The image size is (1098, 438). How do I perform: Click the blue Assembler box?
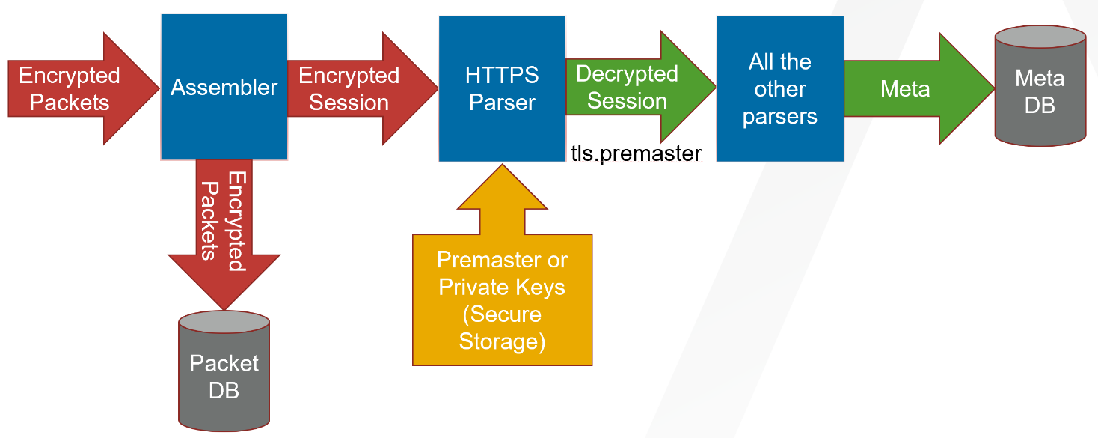coord(224,87)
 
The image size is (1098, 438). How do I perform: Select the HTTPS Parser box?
coord(501,88)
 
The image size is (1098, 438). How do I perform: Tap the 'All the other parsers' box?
coord(780,88)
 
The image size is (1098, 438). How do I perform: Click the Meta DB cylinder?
coord(1040,90)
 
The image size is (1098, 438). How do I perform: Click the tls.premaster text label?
coord(636,154)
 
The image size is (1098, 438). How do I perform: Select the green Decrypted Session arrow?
coord(636,88)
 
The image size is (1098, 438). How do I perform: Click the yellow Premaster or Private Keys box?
coord(502,299)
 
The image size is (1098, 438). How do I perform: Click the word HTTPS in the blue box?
coord(501,75)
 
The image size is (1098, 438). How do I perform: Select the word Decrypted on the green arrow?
coord(627,74)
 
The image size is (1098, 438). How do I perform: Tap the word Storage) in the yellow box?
coord(502,341)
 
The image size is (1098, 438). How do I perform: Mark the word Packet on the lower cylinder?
coord(224,363)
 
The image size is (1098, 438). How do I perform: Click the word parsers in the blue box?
coord(780,116)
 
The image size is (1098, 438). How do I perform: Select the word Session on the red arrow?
coord(349,103)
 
